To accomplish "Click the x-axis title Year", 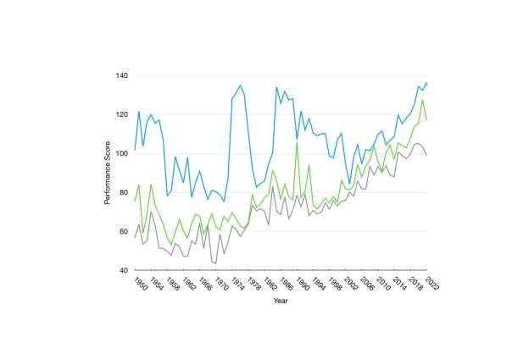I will click(x=281, y=300).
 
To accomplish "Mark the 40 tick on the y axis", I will click(x=123, y=270).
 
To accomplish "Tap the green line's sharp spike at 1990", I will click(x=297, y=142).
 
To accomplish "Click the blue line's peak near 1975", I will click(x=240, y=85).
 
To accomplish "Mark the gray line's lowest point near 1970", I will click(x=215, y=263).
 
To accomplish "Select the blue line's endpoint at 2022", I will click(x=426, y=83).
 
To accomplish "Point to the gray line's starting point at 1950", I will click(x=134, y=238).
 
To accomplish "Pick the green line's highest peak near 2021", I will click(x=422, y=100).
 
